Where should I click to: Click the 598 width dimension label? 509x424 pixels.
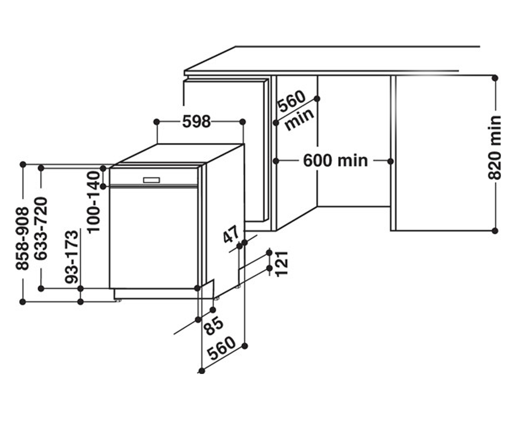click(x=196, y=121)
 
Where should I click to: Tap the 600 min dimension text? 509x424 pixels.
click(x=336, y=161)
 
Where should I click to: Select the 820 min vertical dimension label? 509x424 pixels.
click(x=495, y=148)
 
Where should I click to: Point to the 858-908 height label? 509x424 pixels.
click(x=22, y=238)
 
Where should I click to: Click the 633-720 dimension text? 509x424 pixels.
click(x=40, y=229)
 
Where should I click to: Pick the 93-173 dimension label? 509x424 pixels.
click(x=72, y=257)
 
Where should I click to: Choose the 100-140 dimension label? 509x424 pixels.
click(x=94, y=202)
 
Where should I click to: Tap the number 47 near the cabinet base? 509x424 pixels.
click(x=231, y=234)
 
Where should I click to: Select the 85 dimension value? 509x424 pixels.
click(x=214, y=326)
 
